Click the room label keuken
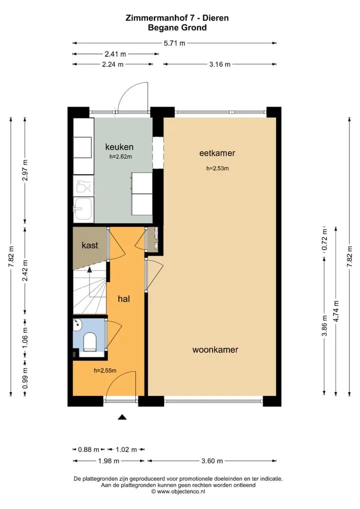click(119, 146)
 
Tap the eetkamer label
click(217, 153)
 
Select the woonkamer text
click(215, 349)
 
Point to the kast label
click(90, 245)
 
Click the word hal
click(123, 298)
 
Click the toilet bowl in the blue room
click(90, 342)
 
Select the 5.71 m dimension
click(174, 43)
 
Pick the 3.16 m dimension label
click(220, 64)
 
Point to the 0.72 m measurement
click(324, 240)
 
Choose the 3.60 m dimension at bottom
click(212, 460)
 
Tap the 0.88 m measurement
click(88, 449)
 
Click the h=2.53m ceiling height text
click(217, 168)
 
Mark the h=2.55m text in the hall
click(105, 370)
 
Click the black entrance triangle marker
click(122, 417)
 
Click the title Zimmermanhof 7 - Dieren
click(177, 18)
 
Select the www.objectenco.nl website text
click(181, 491)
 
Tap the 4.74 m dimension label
click(336, 311)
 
